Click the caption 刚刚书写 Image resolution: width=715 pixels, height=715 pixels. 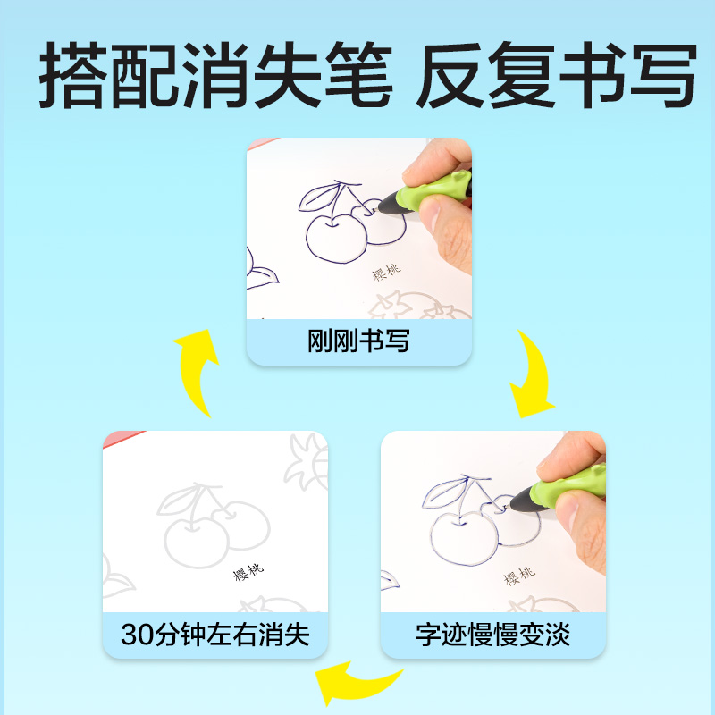(x=358, y=341)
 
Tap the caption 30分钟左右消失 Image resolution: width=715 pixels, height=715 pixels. (x=214, y=635)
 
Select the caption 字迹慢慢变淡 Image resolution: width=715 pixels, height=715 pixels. (x=492, y=635)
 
